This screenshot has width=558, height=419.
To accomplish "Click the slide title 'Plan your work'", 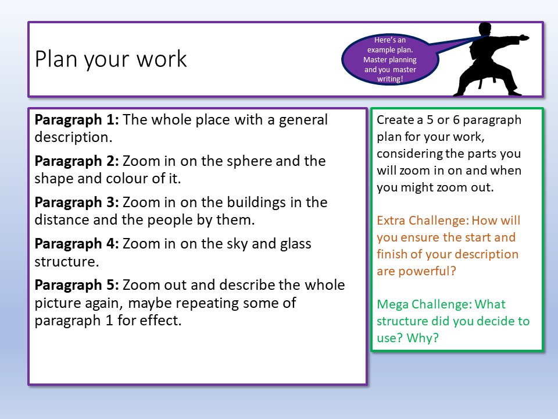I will [x=111, y=59].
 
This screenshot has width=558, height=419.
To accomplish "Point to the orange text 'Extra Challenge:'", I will [x=422, y=221].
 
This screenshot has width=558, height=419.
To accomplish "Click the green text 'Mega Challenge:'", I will [x=424, y=304].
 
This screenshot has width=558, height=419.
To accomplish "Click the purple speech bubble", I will [x=389, y=59].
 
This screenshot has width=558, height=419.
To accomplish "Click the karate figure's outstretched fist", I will [x=524, y=38].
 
